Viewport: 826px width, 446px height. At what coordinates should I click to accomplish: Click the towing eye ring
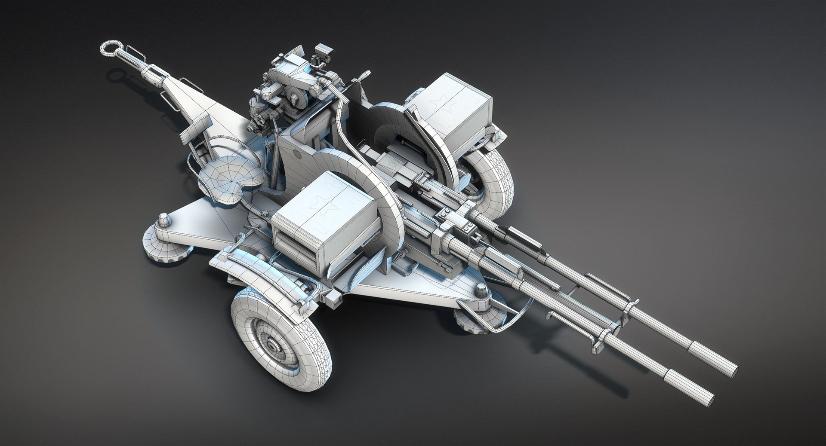click(111, 48)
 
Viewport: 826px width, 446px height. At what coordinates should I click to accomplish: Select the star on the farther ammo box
click(441, 102)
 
